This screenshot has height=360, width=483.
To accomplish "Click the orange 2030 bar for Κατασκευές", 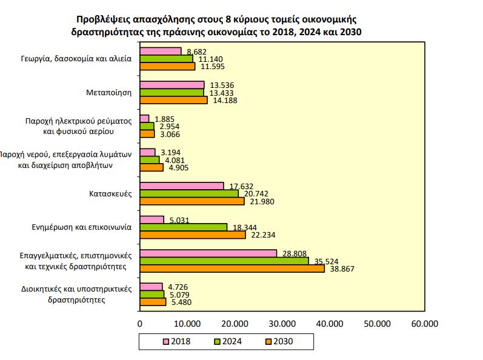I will tap(192, 201).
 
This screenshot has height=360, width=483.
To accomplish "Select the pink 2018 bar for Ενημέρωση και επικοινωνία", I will tap(152, 219).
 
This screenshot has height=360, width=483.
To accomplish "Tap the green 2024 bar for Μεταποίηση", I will tap(172, 93).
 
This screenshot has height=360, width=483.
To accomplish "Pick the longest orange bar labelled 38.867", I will tap(232, 268).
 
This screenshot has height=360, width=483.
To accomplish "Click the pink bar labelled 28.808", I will tap(208, 253).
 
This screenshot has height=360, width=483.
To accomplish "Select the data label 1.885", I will tap(167, 118).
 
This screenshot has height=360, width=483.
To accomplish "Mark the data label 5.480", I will tap(183, 302).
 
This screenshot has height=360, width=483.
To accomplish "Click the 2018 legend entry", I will tap(176, 342).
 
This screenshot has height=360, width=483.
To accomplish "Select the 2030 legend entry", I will tap(279, 342).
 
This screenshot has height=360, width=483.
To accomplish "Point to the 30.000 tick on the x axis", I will tap(282, 324).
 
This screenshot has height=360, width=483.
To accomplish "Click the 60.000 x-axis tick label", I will tap(424, 324).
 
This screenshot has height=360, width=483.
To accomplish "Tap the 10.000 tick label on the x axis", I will tap(187, 324).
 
